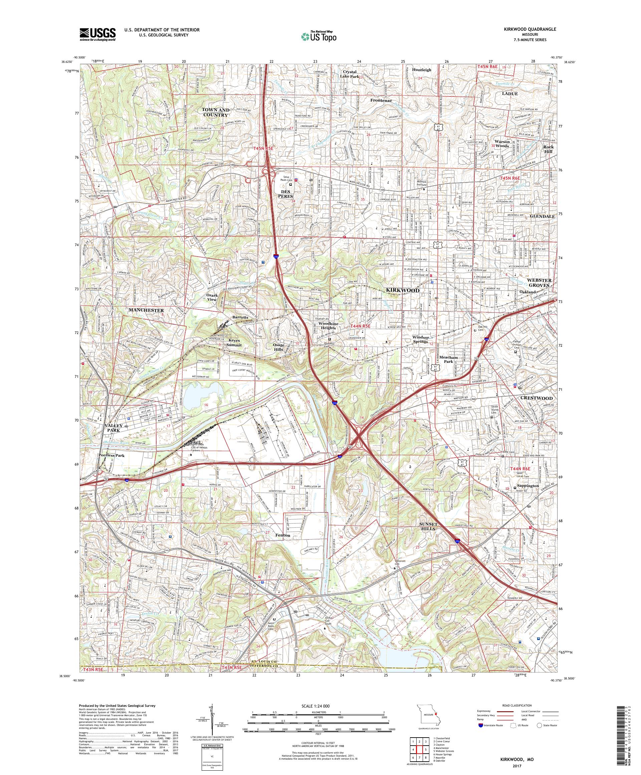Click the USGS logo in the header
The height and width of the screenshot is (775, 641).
[x=97, y=34]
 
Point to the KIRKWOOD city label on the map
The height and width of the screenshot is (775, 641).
[x=403, y=290]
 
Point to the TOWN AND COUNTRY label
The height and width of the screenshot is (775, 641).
[x=215, y=112]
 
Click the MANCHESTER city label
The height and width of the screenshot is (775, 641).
[x=146, y=310]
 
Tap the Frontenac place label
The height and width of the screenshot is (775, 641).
[x=381, y=100]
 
